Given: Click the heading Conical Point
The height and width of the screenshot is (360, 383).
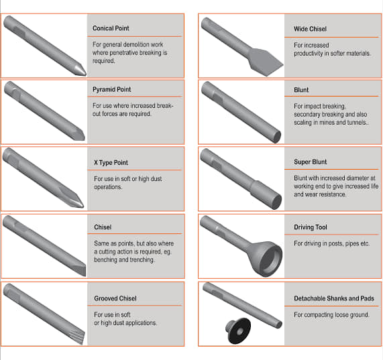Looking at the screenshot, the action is pos(111,28).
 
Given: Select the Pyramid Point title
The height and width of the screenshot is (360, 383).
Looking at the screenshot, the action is pos(111,89).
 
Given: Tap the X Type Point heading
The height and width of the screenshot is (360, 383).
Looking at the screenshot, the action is pos(111,162).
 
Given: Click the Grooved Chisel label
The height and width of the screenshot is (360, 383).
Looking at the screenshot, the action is pos(115,298).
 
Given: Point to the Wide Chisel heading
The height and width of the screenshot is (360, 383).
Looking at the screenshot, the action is pos(310,29).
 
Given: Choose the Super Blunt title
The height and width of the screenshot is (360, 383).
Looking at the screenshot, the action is pos(310,162).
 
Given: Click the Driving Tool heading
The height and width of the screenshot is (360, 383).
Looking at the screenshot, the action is pos(311,227).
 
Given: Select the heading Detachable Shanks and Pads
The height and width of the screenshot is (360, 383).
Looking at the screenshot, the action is pos(334,298).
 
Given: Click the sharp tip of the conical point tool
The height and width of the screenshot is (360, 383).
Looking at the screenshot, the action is pos(85,74).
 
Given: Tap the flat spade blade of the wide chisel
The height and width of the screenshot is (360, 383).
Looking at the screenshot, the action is pos(265,62).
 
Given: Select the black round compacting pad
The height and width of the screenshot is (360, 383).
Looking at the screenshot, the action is pos(238,331).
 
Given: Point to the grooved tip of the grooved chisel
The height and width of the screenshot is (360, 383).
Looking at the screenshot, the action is pos(78,337).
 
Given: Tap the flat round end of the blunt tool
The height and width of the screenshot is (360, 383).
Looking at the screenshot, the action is pos(277,137).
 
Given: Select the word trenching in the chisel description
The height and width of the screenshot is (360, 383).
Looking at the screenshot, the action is pos(142,260).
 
